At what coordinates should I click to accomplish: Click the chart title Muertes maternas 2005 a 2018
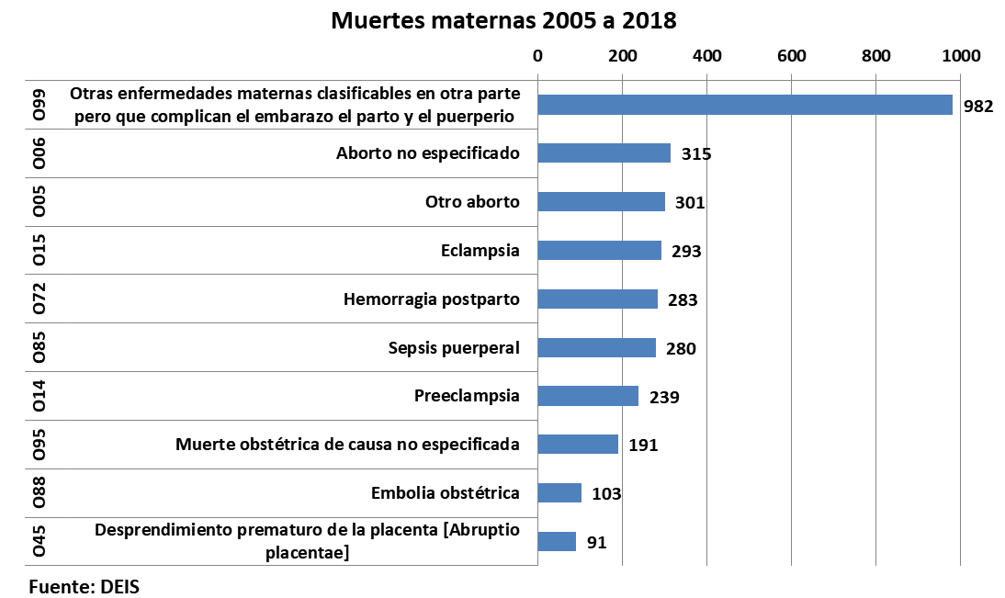coord(503,20)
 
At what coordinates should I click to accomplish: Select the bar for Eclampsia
coord(599,250)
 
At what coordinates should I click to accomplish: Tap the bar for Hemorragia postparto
coord(597,299)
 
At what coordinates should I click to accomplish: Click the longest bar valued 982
coord(744,105)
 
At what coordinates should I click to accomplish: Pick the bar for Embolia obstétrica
coord(559,493)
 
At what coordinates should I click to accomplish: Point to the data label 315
coord(696,153)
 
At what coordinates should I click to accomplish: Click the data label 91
coord(596,543)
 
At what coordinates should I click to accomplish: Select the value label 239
coord(664,397)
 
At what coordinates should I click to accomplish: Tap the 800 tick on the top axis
coord(876,55)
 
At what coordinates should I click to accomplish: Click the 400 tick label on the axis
coord(706,55)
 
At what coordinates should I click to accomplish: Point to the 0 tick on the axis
coord(537,55)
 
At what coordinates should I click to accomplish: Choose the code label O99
coord(39,105)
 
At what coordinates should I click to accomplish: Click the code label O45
coord(39,542)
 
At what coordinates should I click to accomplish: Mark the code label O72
coord(39,299)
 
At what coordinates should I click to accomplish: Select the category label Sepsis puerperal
coord(454,347)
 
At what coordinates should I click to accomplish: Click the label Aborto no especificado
coord(428,152)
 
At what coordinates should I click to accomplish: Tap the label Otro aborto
coord(472,201)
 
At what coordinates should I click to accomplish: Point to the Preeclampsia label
coord(467,396)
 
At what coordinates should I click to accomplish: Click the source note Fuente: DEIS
coord(85,585)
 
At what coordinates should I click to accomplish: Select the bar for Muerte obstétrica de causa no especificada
coord(578,445)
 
